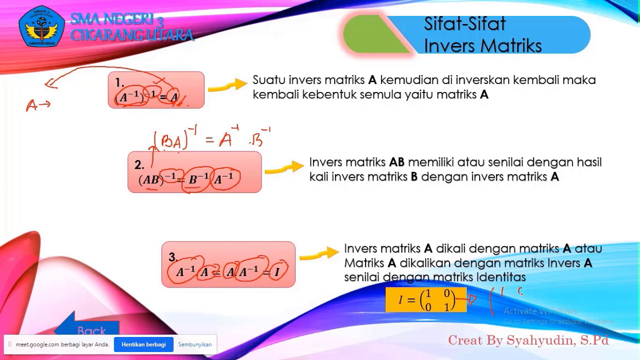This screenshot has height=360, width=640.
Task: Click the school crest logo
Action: coord(41,26)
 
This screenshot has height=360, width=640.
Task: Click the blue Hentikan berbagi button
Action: coord(143,344)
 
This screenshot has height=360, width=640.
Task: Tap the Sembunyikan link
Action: coord(195,344)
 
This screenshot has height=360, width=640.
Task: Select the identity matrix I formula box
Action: coord(426,299)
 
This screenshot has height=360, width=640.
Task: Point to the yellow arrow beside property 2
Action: coord(284,168)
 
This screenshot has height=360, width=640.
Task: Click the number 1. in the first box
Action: coord(119,82)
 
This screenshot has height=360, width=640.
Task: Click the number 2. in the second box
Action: coord(139,165)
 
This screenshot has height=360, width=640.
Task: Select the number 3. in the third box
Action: coord(173,257)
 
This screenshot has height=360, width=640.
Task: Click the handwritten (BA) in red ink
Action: coord(171,142)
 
